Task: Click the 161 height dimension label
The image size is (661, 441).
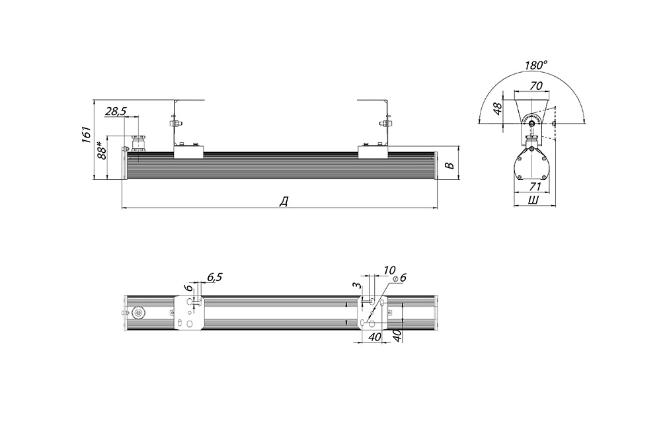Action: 86,134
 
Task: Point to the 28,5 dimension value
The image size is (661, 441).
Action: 116,111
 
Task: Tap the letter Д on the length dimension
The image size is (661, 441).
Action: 284,202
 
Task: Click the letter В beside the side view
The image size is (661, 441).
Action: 451,165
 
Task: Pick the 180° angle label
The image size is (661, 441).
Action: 536,65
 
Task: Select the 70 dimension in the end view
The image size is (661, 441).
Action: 535,85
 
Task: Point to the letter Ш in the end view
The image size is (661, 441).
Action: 533,200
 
